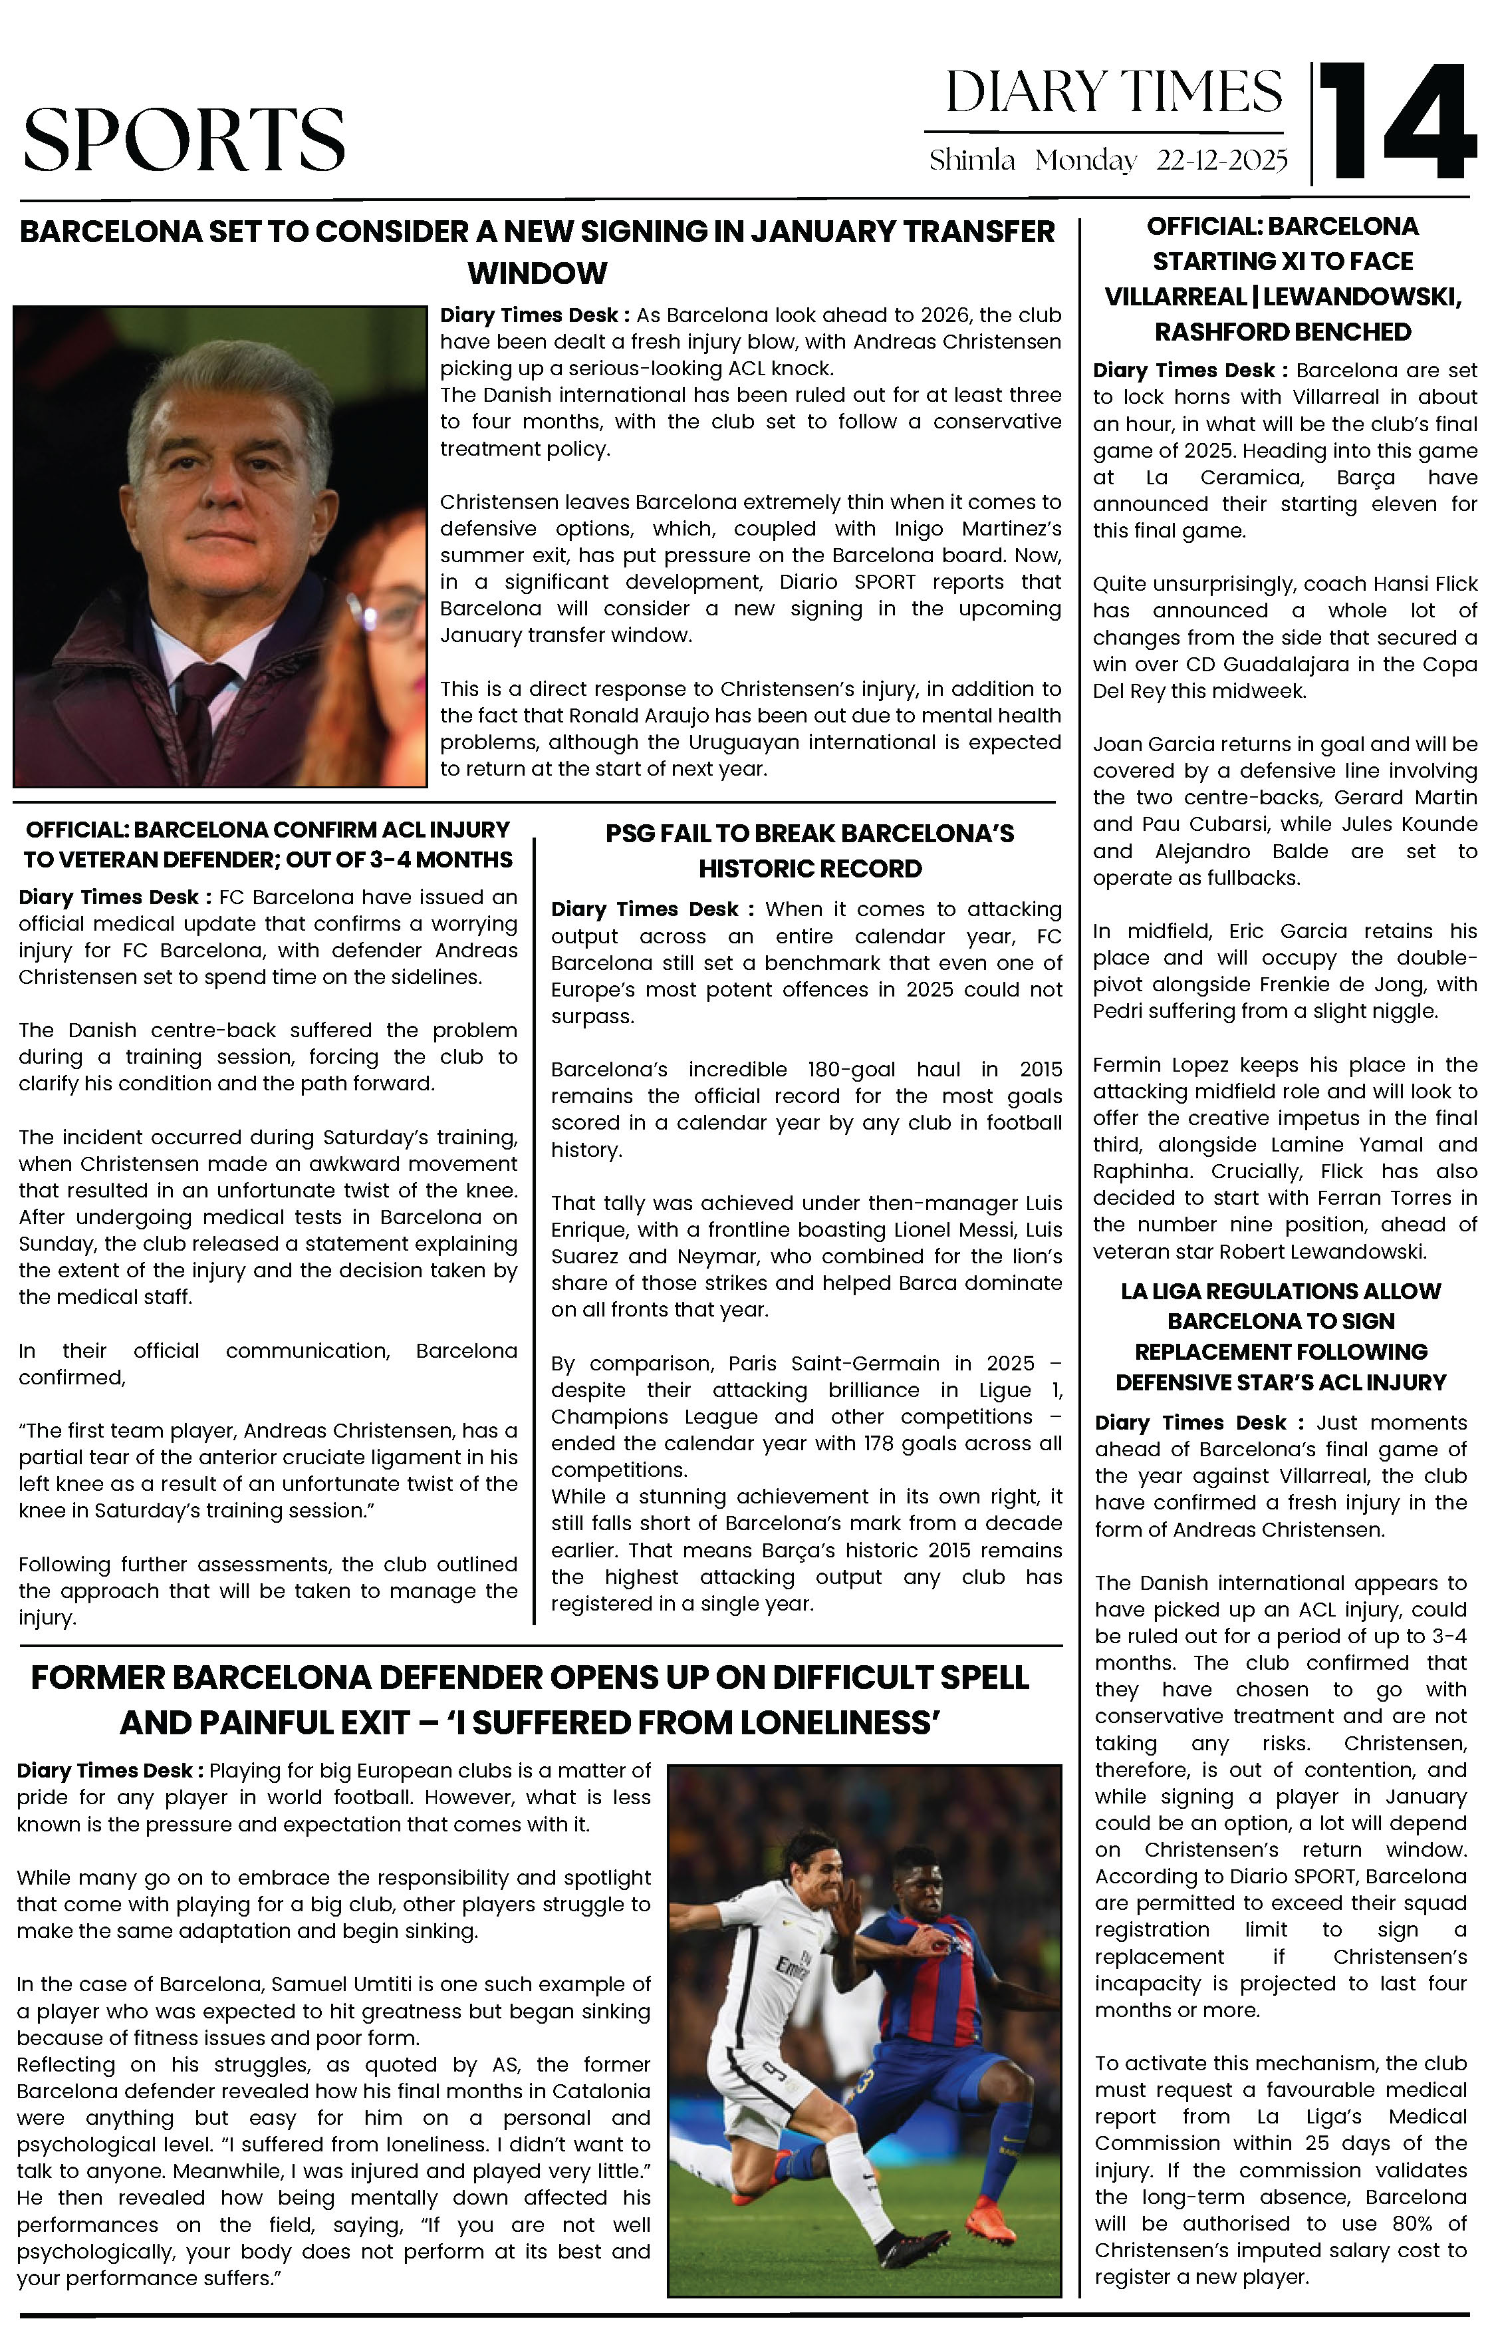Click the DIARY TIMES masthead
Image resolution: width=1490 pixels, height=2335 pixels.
point(1113,93)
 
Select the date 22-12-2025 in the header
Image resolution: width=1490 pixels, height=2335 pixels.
point(1221,160)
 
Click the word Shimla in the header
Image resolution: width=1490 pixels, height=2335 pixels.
point(971,160)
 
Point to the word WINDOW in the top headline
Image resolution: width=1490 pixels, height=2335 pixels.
point(537,273)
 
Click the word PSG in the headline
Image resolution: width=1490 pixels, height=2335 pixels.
point(627,834)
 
